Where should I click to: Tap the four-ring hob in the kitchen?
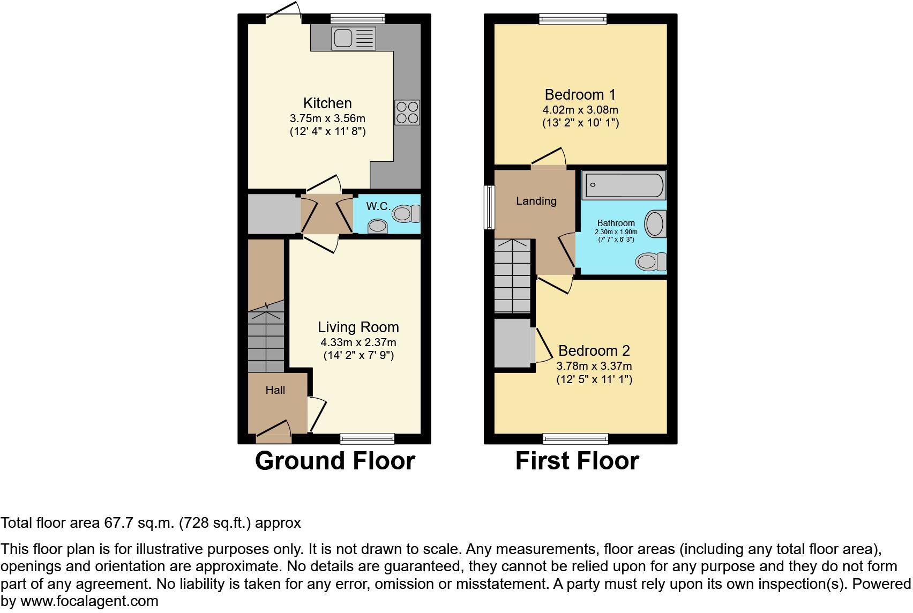click(407, 113)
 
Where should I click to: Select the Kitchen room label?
click(327, 103)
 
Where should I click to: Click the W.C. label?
click(378, 206)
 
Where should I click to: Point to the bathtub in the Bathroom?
click(623, 185)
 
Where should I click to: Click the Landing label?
click(536, 201)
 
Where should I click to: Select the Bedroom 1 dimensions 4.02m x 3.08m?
click(580, 110)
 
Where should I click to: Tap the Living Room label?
click(358, 327)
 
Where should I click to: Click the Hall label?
click(275, 390)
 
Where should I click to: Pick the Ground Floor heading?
click(335, 461)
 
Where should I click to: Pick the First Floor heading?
click(577, 461)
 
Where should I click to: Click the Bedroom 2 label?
click(594, 350)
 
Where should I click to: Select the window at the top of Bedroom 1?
click(573, 19)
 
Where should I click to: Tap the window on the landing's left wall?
click(489, 207)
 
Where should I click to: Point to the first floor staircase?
click(512, 276)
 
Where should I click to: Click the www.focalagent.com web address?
click(89, 601)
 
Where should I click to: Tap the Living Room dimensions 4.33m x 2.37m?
click(358, 342)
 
